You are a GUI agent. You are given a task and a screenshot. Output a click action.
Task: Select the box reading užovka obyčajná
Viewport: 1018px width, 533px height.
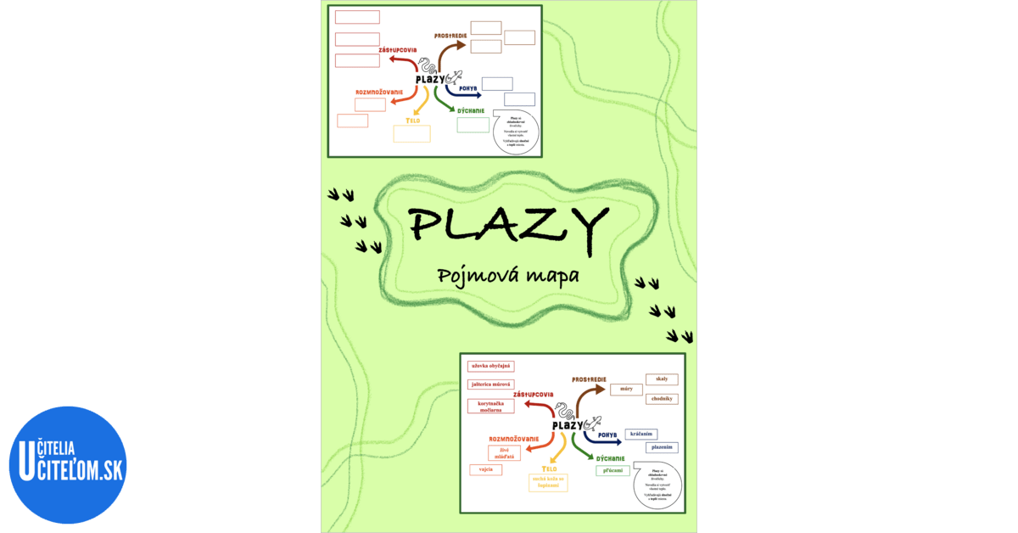pyautogui.click(x=491, y=366)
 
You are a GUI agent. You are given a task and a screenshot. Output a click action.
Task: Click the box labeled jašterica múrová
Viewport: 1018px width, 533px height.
pyautogui.click(x=491, y=384)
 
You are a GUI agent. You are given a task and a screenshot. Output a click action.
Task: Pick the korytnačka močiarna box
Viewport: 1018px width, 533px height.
pyautogui.click(x=491, y=405)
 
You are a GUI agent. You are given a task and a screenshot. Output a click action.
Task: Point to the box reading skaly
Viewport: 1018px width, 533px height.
pyautogui.click(x=662, y=379)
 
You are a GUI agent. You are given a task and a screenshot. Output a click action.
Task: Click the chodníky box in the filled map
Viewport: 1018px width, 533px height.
pyautogui.click(x=662, y=398)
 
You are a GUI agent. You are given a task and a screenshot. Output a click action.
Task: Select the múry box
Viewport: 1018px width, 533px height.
pyautogui.click(x=626, y=390)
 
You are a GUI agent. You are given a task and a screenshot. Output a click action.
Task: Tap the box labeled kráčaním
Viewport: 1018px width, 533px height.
pyautogui.click(x=641, y=434)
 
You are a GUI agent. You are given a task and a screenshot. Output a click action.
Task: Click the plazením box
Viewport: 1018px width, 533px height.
pyautogui.click(x=662, y=447)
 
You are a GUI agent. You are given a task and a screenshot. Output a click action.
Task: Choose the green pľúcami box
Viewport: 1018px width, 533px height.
pyautogui.click(x=612, y=469)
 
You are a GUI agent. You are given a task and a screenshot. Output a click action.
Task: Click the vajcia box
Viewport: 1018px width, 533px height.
pyautogui.click(x=485, y=469)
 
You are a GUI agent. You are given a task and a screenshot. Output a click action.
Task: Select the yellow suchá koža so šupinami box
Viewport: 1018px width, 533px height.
pyautogui.click(x=549, y=483)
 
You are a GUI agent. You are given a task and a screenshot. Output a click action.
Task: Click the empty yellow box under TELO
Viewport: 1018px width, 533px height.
pyautogui.click(x=412, y=133)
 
